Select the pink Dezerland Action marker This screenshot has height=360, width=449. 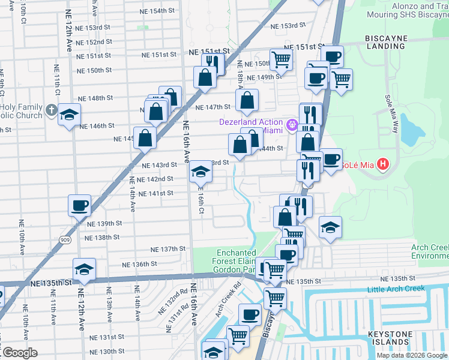coord(292,125)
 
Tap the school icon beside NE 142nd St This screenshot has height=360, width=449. coord(200,173)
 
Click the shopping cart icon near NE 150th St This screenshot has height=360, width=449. coord(281,59)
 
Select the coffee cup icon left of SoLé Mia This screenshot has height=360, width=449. coord(331,159)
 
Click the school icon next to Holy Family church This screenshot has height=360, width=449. coord(70,115)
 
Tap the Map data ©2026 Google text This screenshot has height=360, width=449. coord(412,355)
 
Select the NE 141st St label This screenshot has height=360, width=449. coord(156,193)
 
